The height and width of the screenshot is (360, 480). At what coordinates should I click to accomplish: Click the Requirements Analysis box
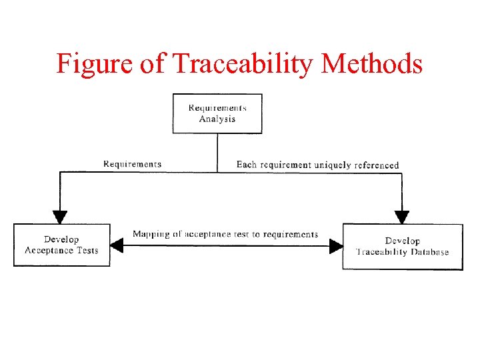pos(217,113)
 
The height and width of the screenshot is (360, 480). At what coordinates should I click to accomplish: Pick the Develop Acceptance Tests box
pos(61,245)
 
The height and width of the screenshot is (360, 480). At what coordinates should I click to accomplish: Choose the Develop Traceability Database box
pos(402,247)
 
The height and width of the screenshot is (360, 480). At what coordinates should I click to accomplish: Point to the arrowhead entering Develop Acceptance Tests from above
pos(60,217)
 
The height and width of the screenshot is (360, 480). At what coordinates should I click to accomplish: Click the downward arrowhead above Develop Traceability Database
pos(402,217)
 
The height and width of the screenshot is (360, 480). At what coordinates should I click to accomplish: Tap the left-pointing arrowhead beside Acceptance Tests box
pos(117,246)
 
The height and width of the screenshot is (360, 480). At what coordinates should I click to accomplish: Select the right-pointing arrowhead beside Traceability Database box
pos(335,246)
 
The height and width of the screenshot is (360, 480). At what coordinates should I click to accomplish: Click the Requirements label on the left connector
pos(132,164)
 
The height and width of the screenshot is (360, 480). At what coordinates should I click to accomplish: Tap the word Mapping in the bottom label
pos(150,234)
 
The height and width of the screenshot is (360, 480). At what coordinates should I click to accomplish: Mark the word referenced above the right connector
pos(375,165)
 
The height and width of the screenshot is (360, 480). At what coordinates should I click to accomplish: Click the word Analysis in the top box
pos(217,119)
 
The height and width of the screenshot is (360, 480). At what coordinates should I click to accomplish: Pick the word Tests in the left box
pos(87,251)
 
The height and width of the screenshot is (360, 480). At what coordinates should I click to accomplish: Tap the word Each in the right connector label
pos(247,165)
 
